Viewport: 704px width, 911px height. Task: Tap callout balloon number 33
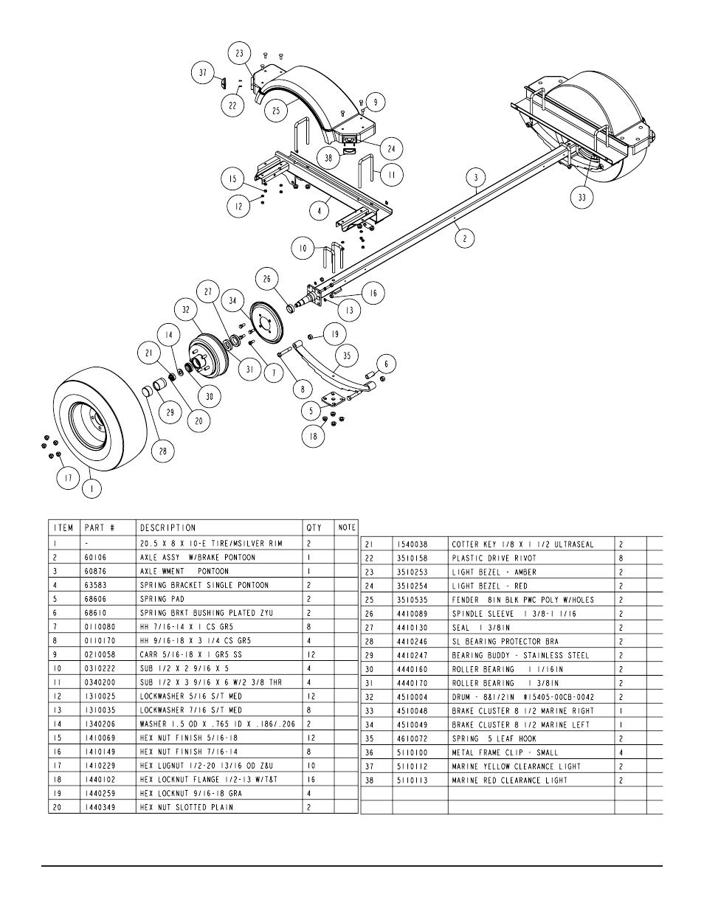point(582,197)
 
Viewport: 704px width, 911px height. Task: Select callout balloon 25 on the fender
point(276,111)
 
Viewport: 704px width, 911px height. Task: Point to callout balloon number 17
point(69,478)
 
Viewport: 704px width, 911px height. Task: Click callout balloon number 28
point(162,449)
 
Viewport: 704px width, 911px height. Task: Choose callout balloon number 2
point(464,238)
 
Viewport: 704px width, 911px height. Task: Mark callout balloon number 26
point(267,278)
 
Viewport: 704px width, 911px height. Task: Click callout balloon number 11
point(392,176)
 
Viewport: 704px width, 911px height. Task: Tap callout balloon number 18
point(314,436)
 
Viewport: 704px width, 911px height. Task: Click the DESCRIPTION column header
point(168,527)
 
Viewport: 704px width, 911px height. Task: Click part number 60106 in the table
point(97,557)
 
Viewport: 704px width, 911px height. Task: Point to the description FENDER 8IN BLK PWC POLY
point(522,600)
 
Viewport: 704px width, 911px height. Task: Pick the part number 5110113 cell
point(412,780)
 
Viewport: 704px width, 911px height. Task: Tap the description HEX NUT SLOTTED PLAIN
point(186,807)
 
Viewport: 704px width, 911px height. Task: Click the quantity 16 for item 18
point(311,779)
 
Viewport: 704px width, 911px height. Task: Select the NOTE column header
point(347,527)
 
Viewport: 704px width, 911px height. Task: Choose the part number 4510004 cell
point(412,697)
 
